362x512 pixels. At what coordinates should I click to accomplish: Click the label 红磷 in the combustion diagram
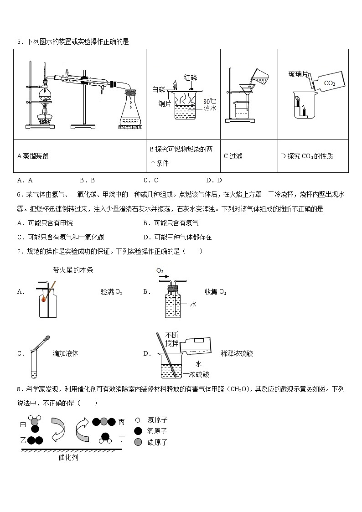[191, 77]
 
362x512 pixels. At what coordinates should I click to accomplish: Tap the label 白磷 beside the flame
[158, 90]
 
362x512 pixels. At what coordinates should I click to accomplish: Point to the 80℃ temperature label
[209, 101]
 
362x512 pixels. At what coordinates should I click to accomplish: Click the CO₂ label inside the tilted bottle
[329, 83]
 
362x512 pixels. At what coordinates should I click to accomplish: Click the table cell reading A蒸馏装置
[33, 156]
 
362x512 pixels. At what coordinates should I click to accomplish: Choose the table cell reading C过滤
[233, 156]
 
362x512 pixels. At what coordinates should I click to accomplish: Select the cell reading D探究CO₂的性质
[307, 156]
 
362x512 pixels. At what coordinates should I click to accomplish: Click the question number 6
[19, 195]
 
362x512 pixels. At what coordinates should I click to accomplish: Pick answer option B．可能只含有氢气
[171, 223]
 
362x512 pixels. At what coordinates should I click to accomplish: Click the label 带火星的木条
[73, 270]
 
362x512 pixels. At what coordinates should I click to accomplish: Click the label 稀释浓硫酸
[236, 353]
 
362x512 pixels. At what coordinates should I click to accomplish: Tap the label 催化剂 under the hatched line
[68, 457]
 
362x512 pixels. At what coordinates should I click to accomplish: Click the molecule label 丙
[121, 422]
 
